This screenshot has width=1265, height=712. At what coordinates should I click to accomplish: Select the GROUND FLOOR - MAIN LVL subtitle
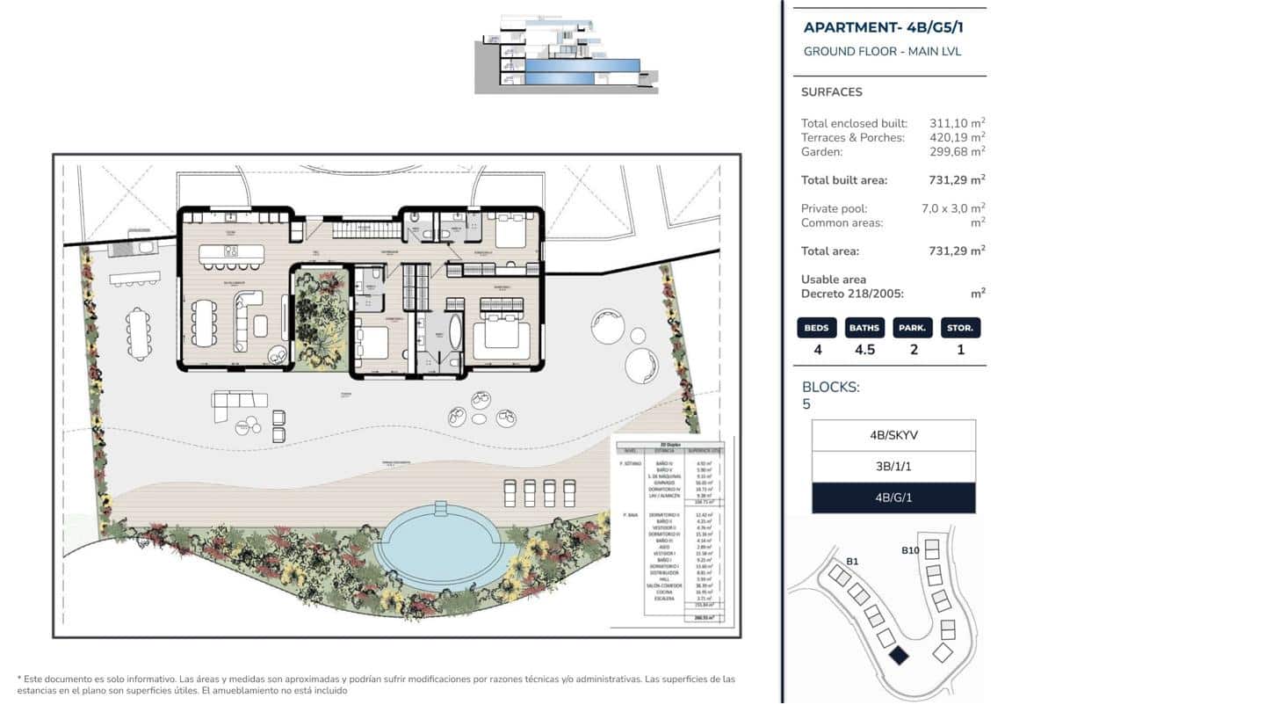pyautogui.click(x=882, y=52)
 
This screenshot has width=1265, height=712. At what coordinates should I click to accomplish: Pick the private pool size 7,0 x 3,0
pyautogui.click(x=952, y=209)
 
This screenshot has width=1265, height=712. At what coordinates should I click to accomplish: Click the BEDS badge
pyautogui.click(x=816, y=328)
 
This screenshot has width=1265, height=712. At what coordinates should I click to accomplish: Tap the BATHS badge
pyautogui.click(x=864, y=328)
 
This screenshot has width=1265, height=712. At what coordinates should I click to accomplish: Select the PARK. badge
pyautogui.click(x=913, y=328)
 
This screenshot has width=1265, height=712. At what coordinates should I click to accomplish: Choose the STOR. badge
pyautogui.click(x=960, y=328)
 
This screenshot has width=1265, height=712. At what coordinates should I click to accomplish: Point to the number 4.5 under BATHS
pyautogui.click(x=864, y=350)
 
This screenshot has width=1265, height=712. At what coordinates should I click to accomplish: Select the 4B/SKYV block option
pyautogui.click(x=893, y=435)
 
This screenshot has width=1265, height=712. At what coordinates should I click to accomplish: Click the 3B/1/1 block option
pyautogui.click(x=893, y=467)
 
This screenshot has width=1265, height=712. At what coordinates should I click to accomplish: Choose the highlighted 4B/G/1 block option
pyautogui.click(x=893, y=498)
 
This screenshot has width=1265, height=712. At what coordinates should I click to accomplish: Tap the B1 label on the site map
pyautogui.click(x=852, y=561)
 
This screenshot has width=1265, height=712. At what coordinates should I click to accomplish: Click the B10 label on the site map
pyautogui.click(x=910, y=551)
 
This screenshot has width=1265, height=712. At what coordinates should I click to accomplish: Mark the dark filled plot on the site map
pyautogui.click(x=899, y=656)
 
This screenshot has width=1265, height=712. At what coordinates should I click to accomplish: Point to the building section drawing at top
pyautogui.click(x=567, y=54)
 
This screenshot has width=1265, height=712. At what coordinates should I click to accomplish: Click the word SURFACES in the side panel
pyautogui.click(x=831, y=92)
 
